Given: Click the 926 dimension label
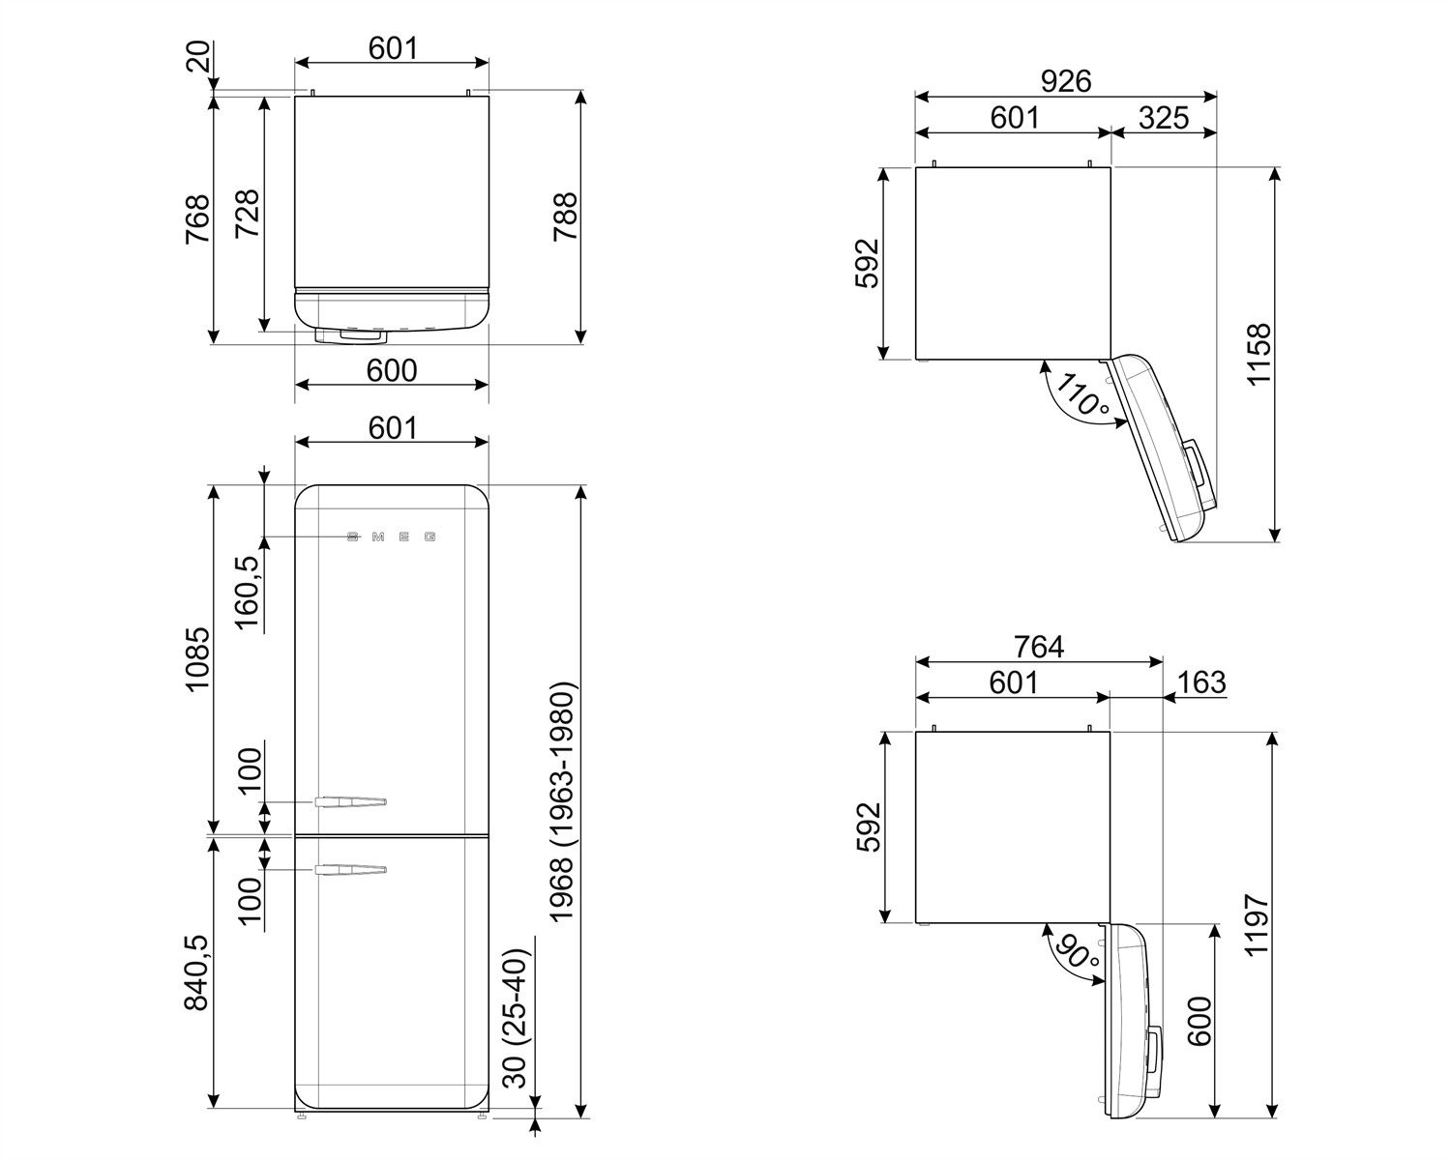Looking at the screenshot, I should [1065, 81].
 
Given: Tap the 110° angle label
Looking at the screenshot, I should [1082, 395].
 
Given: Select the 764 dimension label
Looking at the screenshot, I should [1039, 646].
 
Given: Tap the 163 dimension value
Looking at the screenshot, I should [1201, 681].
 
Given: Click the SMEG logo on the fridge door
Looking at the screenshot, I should [392, 536].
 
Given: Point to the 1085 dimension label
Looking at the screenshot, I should [197, 660].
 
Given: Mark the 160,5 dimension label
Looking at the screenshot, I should [249, 592].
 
